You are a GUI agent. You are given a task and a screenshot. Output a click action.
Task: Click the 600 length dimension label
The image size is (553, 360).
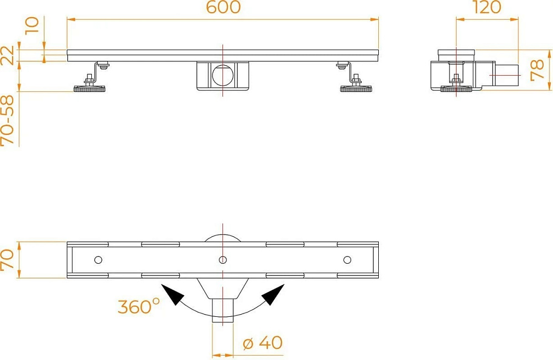[x=223, y=7]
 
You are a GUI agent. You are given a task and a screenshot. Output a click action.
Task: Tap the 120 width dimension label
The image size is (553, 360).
[x=487, y=7]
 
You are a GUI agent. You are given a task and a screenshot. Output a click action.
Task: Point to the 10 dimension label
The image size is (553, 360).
[x=32, y=25]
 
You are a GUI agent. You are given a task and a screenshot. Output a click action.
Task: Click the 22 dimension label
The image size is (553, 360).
[x=7, y=55]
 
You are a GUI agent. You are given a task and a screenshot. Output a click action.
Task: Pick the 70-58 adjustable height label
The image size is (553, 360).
[x=7, y=120]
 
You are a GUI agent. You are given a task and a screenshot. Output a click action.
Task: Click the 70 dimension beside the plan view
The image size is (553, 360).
[x=7, y=259]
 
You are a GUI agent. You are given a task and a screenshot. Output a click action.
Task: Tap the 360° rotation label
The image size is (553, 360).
[x=139, y=306]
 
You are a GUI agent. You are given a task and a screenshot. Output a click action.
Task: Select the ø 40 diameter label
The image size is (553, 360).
[x=263, y=342]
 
